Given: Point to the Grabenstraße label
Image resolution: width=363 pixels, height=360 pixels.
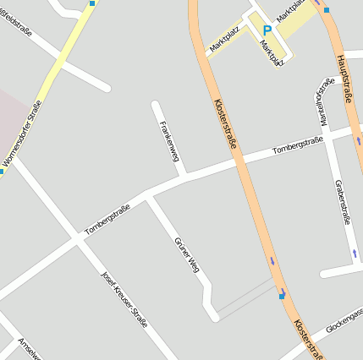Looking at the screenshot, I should click(x=343, y=201).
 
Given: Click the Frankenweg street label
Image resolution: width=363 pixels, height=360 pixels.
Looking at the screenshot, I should click(x=169, y=140).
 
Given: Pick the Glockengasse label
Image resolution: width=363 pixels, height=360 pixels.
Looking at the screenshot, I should click(x=343, y=321).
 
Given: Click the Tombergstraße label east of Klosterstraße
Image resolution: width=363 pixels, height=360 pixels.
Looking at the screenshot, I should click(x=298, y=147).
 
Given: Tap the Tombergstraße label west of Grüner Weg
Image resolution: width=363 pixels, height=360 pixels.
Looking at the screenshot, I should click(x=107, y=219).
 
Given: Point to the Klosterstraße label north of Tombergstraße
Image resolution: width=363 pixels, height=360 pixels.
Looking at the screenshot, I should click(x=224, y=124).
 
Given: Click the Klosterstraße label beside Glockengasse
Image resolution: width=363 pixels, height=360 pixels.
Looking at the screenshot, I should click(x=308, y=338).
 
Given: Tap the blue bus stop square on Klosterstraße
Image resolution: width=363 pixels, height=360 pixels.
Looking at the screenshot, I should click(x=282, y=295).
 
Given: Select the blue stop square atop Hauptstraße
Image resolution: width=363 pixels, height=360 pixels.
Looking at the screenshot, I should click(x=327, y=9).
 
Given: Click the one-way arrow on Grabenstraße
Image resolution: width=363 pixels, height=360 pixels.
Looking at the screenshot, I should click(x=354, y=253).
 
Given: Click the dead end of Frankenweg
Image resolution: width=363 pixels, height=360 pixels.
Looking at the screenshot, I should click(x=156, y=105).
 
